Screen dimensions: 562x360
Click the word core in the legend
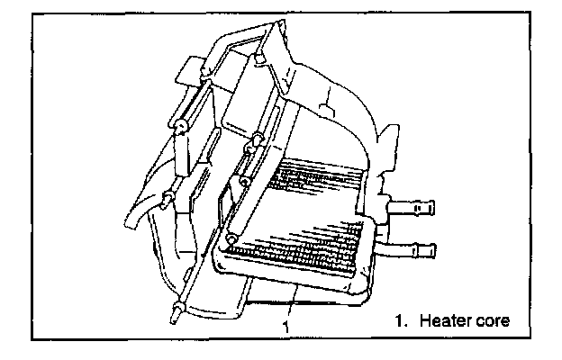(492, 320)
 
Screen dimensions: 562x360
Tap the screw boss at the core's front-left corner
(231, 238)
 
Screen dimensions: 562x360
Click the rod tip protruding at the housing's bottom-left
(174, 315)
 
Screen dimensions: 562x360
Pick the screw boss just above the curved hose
(168, 197)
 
